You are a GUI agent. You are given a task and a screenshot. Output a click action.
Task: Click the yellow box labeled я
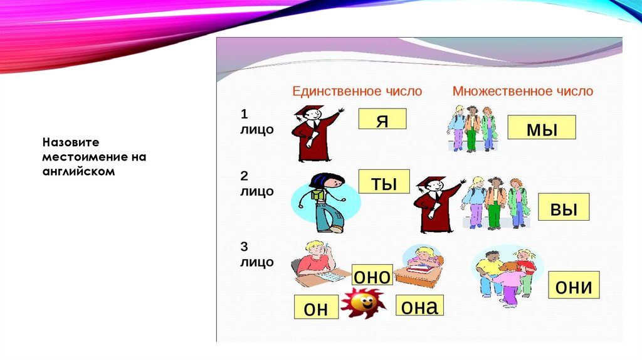point(382,119)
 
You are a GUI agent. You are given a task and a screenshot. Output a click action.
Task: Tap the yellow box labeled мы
point(542,127)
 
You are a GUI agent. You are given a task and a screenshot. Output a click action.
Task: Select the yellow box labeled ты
point(384,181)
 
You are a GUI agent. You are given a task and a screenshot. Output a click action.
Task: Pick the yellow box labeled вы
point(564,206)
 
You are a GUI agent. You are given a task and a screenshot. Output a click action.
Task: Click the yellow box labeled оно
point(372,275)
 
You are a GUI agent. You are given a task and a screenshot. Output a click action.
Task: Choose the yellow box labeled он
point(316,307)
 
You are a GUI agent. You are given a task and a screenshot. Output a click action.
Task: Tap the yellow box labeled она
point(419,305)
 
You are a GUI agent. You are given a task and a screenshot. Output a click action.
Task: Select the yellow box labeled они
point(574,285)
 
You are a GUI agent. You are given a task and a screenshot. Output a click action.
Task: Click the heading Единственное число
point(357,91)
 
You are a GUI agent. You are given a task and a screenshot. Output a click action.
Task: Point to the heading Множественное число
point(522,91)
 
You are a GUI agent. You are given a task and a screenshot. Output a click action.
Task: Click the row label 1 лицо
point(256,122)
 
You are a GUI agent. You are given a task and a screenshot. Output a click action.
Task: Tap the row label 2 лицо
point(256,184)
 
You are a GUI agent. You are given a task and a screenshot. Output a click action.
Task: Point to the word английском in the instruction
point(78,171)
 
